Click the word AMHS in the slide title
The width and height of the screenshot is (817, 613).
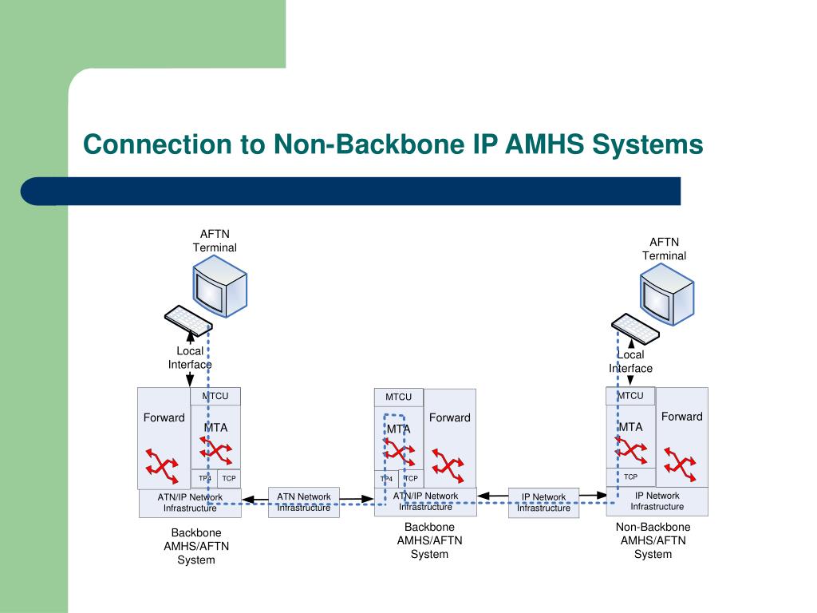pyautogui.click(x=544, y=144)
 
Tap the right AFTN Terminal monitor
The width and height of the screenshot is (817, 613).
pyautogui.click(x=667, y=294)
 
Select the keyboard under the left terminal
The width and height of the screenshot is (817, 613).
pyautogui.click(x=188, y=319)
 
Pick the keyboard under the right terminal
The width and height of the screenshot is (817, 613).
pyautogui.click(x=635, y=328)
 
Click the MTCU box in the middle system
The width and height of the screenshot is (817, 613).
pyautogui.click(x=399, y=397)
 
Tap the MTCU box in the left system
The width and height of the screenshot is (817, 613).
pyautogui.click(x=215, y=396)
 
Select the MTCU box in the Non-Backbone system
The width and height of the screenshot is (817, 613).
pyautogui.click(x=630, y=396)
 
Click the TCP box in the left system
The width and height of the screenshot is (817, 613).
pyautogui.click(x=229, y=479)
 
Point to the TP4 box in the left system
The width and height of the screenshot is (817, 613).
pyautogui.click(x=204, y=479)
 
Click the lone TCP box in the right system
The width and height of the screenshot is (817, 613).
pyautogui.click(x=630, y=477)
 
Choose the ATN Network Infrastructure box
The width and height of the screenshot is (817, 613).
pyautogui.click(x=304, y=503)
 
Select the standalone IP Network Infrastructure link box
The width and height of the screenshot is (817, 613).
pyautogui.click(x=543, y=503)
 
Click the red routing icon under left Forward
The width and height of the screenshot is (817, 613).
pyautogui.click(x=162, y=465)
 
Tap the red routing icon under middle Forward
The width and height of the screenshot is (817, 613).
pyautogui.click(x=448, y=465)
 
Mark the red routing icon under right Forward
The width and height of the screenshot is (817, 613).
pyautogui.click(x=680, y=464)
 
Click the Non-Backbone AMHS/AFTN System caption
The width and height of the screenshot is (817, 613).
pyautogui.click(x=653, y=540)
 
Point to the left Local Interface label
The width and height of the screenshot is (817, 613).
pyautogui.click(x=190, y=358)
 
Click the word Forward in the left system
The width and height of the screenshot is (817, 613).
pyautogui.click(x=164, y=417)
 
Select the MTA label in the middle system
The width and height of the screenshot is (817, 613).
pyautogui.click(x=399, y=429)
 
